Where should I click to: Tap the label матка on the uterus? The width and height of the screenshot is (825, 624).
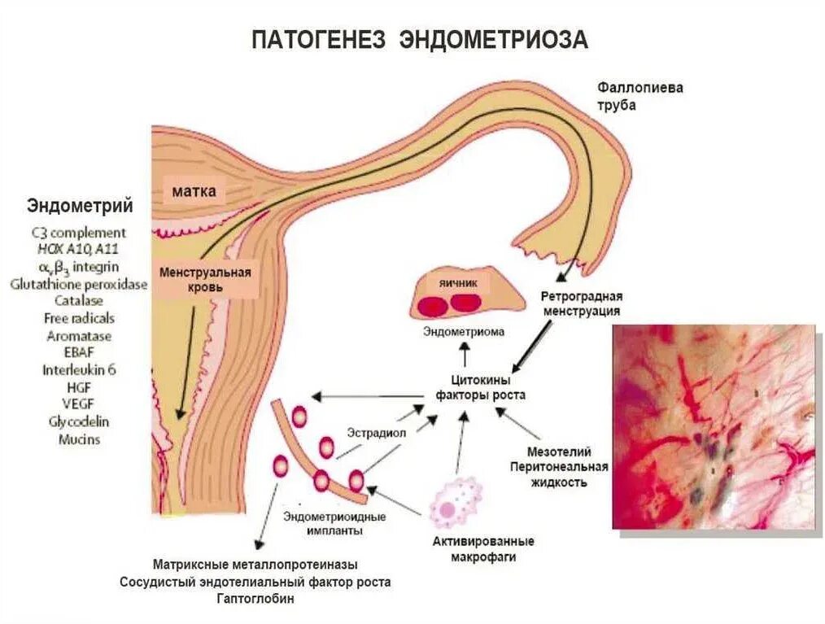(x=194, y=192)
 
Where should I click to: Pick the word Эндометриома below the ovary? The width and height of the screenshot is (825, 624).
(x=464, y=332)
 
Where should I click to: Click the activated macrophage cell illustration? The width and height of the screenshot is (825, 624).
(x=456, y=505)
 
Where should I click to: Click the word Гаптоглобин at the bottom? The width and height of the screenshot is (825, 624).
(x=255, y=599)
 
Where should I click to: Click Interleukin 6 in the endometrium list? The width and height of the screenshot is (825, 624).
(x=80, y=369)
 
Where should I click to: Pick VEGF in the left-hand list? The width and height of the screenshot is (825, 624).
(x=79, y=404)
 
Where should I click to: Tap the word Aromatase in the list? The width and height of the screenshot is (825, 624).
(x=79, y=335)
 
